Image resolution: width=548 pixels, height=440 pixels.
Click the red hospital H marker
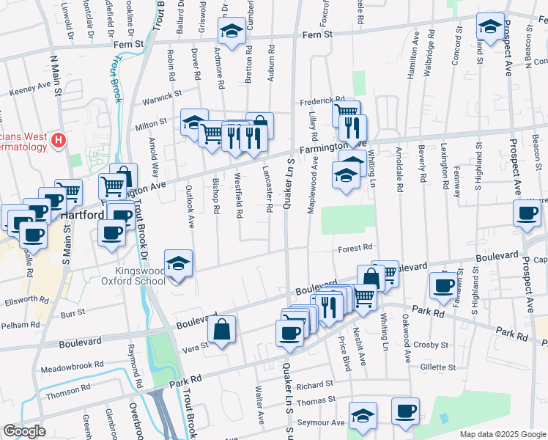pos(60,138)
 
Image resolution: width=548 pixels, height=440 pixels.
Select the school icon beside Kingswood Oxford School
pos(177,263)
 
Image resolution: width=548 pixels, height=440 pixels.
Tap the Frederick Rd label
pos(321,100)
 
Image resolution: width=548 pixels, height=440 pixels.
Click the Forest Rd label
pos(356,249)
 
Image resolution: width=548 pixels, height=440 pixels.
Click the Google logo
pos(24,431)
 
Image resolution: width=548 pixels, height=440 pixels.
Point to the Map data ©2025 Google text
pos(502,434)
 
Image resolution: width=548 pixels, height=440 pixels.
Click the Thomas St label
pos(316,400)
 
